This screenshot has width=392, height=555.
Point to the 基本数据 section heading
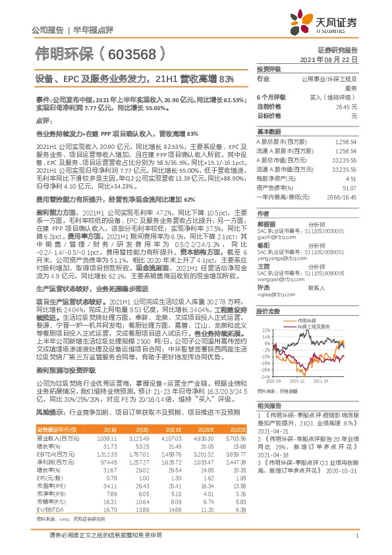[269, 131]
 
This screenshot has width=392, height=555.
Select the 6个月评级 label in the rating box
[270, 96]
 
